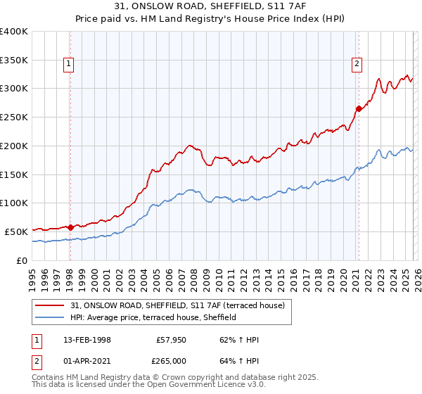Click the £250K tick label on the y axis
click(13, 117)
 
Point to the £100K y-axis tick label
click(13, 203)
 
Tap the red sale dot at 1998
click(70, 227)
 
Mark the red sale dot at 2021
click(359, 108)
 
